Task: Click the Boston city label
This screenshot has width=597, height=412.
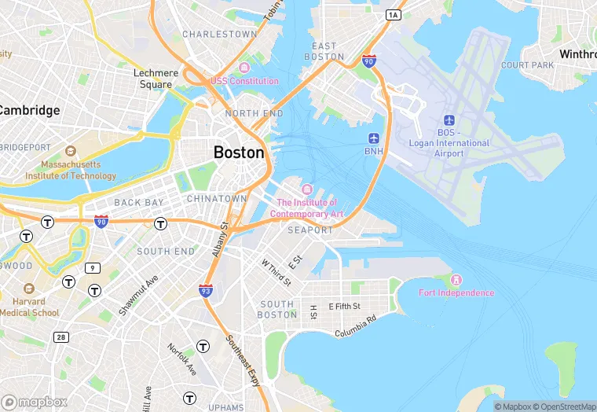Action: pos(239,153)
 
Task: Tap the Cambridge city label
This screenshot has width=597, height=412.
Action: pos(30,110)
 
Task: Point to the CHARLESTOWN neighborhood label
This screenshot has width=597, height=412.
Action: pos(219,35)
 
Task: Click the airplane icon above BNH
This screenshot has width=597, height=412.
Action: pos(373,138)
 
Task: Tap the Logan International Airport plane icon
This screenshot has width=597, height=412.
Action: pos(449,120)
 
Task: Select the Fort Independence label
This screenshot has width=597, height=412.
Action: pos(456,292)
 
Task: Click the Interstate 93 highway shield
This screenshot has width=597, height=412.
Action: pos(206,291)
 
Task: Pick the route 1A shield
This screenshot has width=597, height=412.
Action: pos(393,14)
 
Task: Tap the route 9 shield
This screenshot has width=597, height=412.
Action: pos(93,268)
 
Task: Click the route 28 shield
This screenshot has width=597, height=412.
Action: pos(60,337)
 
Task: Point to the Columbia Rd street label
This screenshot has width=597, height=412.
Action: pos(356,326)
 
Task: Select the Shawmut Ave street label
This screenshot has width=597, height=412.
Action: pos(138,295)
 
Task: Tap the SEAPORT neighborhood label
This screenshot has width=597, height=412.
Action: pos(310,230)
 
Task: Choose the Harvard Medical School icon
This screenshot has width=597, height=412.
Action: pos(29,289)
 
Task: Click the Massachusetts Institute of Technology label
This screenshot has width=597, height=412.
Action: pos(71,170)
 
